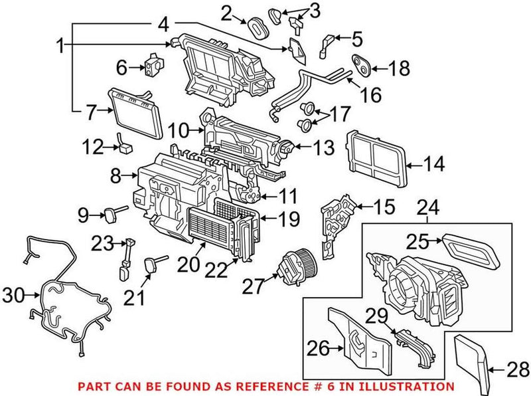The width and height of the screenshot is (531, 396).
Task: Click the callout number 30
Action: click(x=14, y=293)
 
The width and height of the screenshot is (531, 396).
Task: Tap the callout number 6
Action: click(x=121, y=67)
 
